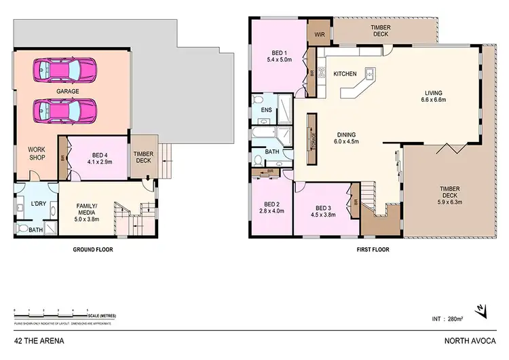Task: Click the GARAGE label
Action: pos(68,90)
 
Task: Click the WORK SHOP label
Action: pos(36,153)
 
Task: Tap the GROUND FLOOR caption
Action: pos(92,249)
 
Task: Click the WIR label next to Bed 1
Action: pos(318,31)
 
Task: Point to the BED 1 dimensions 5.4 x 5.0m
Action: pos(279,60)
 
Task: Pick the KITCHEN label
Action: pos(345,74)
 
